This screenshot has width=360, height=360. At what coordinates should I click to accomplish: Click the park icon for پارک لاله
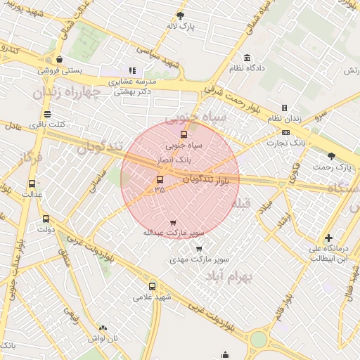[181, 15]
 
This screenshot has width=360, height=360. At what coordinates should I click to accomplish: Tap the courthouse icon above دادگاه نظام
[247, 58]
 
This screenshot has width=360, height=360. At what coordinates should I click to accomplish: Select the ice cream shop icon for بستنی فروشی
[58, 60]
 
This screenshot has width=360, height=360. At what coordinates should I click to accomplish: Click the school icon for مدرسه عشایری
[132, 70]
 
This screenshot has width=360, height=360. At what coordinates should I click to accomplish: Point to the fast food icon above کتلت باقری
[47, 114]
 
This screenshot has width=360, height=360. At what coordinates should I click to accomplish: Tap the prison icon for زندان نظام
[284, 108]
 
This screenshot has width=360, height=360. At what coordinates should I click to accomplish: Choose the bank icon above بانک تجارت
[285, 131]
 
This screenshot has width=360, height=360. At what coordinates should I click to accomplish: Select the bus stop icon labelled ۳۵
[160, 179]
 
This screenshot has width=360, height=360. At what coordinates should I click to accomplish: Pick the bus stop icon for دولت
[46, 219]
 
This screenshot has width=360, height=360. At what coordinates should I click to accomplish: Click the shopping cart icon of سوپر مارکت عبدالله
[173, 222]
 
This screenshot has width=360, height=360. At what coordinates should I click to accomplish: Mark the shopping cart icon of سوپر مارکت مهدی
[199, 248]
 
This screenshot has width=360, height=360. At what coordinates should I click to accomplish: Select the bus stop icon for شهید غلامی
[153, 286]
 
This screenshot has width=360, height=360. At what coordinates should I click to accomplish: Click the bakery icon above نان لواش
[103, 328]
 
